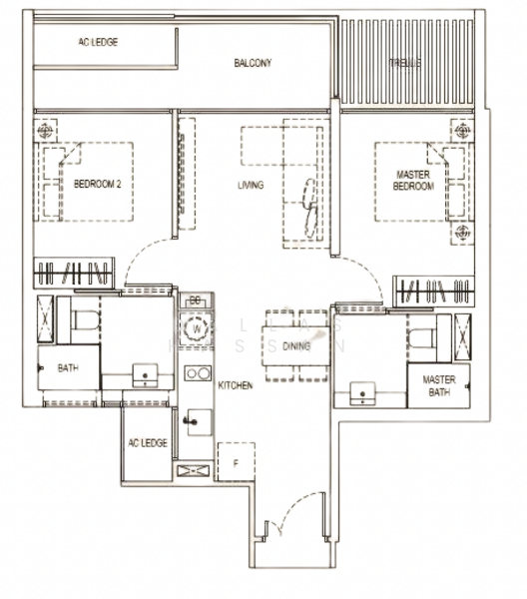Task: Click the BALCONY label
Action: (254, 63)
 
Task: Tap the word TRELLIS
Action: (404, 63)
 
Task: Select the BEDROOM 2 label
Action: (97, 184)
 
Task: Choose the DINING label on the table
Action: (296, 346)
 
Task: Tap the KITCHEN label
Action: (236, 385)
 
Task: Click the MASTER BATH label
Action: (438, 386)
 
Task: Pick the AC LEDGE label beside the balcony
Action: (99, 44)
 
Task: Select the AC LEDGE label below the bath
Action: (147, 442)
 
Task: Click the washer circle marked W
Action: (197, 327)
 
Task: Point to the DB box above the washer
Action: (196, 300)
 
